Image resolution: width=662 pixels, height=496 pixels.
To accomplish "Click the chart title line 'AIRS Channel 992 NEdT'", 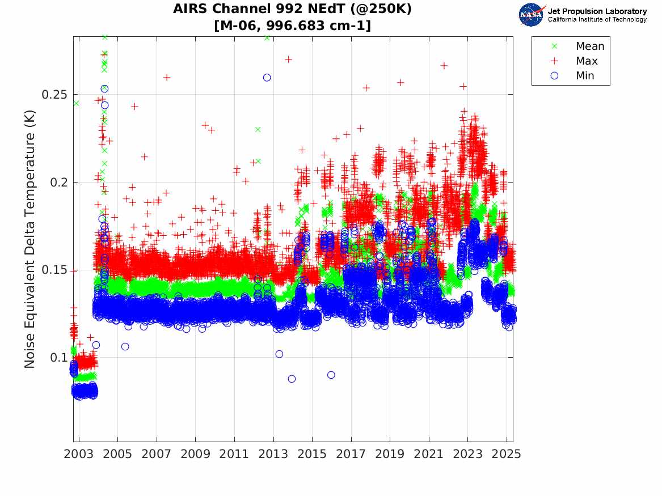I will [x=292, y=9].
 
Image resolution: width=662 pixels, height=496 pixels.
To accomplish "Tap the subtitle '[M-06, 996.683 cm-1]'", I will [x=292, y=26].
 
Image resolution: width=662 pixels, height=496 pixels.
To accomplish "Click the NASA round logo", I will [x=531, y=15].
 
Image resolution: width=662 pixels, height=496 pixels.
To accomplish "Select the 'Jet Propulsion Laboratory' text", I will [x=597, y=11].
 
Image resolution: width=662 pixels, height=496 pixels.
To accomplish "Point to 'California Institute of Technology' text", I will [x=597, y=20].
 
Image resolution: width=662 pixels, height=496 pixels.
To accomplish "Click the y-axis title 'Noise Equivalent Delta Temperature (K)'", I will [x=30, y=240].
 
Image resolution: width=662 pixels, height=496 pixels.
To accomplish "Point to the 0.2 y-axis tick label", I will [x=57, y=183].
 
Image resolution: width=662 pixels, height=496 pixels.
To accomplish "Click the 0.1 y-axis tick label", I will [x=57, y=358].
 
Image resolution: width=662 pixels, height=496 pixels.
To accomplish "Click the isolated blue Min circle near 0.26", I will [x=267, y=78].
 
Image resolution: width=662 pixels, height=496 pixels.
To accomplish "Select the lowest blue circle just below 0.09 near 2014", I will [x=292, y=379].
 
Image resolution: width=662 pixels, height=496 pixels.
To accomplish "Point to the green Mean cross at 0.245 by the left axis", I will [x=76, y=103].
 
